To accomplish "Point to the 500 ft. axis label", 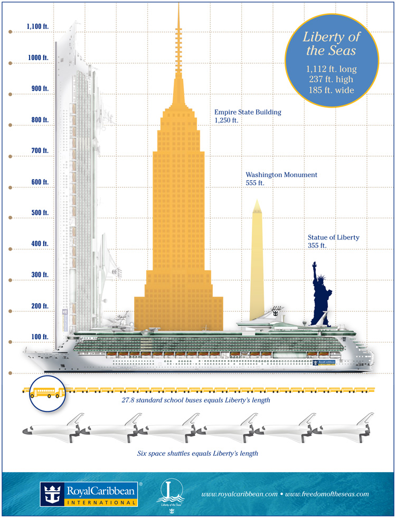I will point(38,213).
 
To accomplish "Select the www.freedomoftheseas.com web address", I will point(325,494).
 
